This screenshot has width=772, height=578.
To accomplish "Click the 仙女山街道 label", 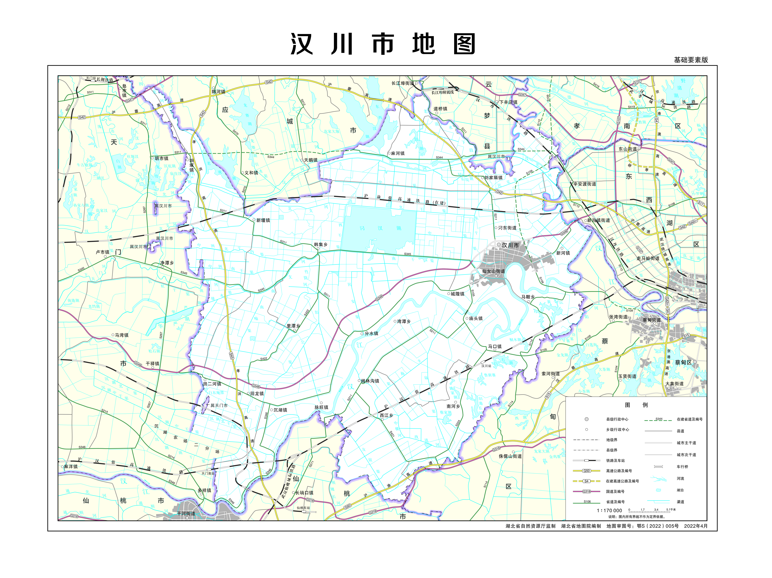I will tap(493, 271).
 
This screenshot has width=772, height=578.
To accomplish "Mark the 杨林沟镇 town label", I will tap(370, 381).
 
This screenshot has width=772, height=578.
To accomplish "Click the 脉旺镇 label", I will tap(321, 407).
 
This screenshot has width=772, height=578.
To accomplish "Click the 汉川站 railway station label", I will tap(486, 366).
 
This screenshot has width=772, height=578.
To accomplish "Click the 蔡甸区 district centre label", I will tap(683, 363).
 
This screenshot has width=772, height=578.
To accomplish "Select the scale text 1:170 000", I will tap(609, 511).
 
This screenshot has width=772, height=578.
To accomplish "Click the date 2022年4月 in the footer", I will tap(696, 526).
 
